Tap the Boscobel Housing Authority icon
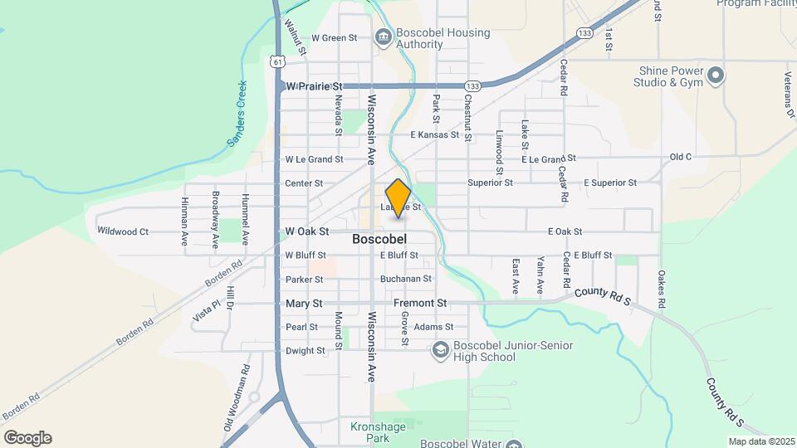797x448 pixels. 384,36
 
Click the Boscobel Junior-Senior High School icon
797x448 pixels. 440,351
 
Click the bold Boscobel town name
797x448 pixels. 379,239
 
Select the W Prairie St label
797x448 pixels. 314,86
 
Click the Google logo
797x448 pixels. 27,438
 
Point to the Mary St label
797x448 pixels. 303,304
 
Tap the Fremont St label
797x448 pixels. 420,304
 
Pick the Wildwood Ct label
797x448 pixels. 123,231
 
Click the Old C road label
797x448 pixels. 680,157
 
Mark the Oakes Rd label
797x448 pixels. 662,289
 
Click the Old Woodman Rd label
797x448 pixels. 236,397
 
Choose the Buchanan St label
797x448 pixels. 405,280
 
